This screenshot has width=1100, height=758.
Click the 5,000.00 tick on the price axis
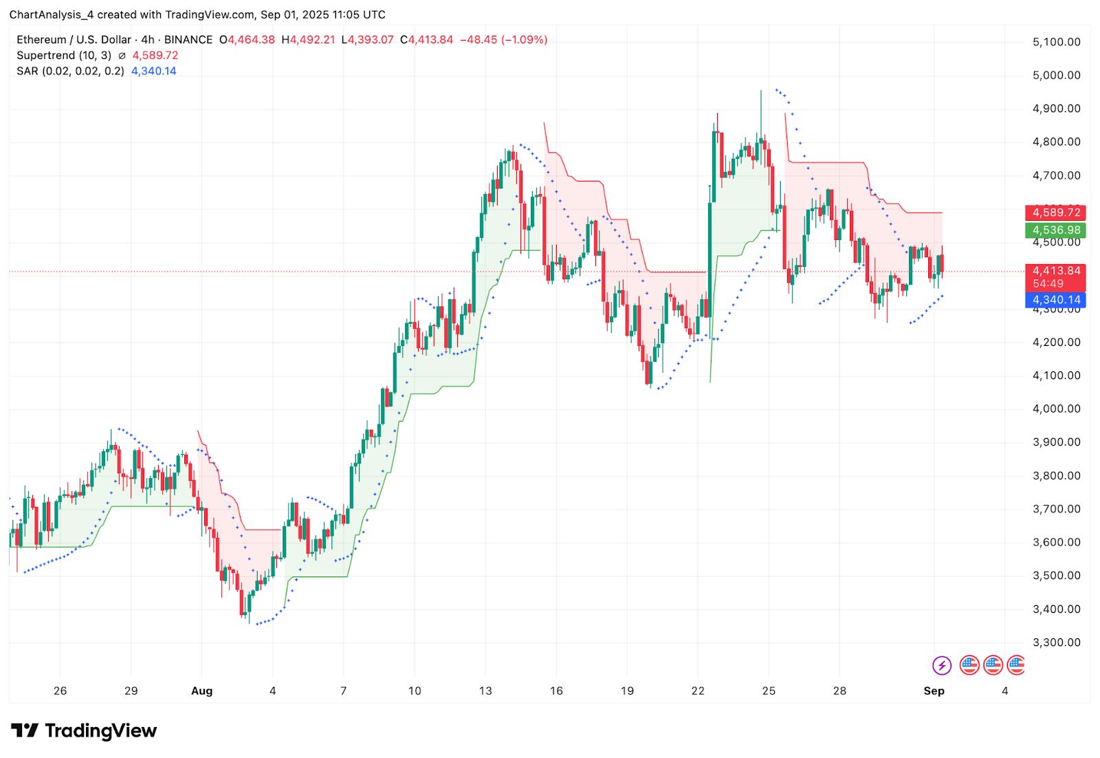[1056, 75]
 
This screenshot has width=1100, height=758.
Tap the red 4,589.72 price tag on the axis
[1055, 213]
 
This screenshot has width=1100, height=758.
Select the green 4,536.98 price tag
[1055, 230]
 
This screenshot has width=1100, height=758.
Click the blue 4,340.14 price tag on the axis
[1055, 300]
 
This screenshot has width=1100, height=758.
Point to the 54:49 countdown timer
[1047, 283]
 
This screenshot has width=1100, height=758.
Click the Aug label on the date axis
[201, 691]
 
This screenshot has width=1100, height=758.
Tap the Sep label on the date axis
[934, 691]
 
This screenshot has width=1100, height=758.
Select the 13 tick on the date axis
[485, 691]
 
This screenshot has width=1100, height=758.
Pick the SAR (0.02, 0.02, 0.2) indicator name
[70, 71]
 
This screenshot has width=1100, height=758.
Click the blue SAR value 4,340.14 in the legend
[154, 71]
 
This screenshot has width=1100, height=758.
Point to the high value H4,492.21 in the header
[308, 40]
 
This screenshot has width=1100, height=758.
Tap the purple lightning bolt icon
[941, 665]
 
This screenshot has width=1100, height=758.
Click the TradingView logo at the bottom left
[84, 730]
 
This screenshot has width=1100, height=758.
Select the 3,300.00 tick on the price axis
[1056, 642]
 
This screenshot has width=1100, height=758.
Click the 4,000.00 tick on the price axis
[1056, 409]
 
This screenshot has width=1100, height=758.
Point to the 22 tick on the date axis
[698, 691]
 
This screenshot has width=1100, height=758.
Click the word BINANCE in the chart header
[188, 40]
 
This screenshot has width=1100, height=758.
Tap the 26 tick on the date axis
[60, 691]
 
